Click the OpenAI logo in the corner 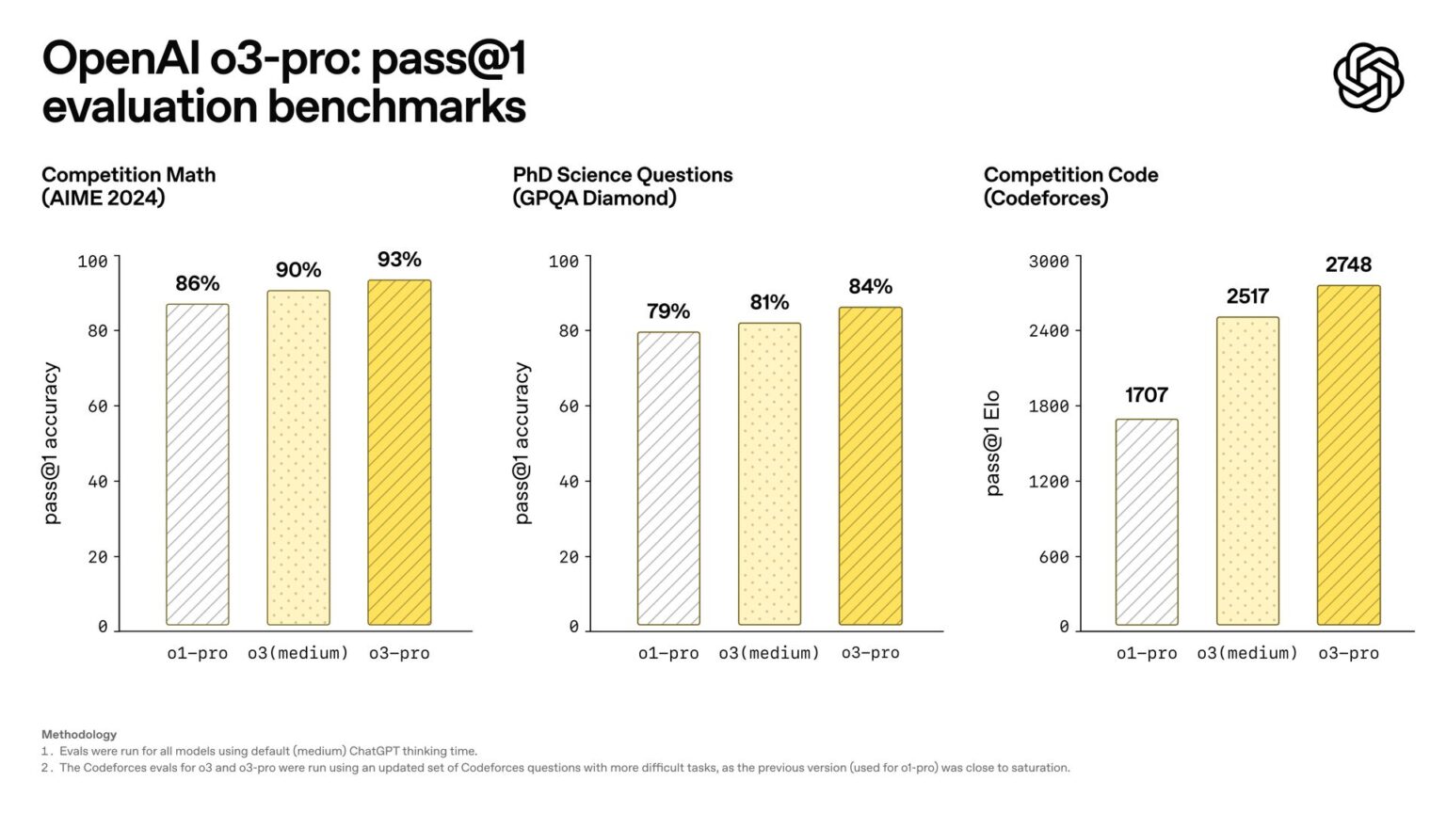point(1368,77)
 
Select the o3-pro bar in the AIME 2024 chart point(399,452)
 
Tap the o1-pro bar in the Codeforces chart point(1147,522)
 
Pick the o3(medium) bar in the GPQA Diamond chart point(769,473)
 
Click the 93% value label point(399,260)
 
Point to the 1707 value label point(1147,395)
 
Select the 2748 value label point(1348,265)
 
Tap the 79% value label point(668,311)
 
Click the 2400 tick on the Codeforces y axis point(1049,330)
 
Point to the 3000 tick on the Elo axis point(1049,261)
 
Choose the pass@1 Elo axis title point(992,443)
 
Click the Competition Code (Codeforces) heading point(1070,186)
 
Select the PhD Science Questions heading point(622,175)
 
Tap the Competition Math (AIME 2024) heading point(128,186)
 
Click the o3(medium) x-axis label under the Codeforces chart point(1246,653)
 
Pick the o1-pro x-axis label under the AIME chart point(198,653)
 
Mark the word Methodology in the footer point(79,734)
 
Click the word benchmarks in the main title point(396,106)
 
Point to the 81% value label point(769,303)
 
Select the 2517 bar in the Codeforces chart point(1247,470)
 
